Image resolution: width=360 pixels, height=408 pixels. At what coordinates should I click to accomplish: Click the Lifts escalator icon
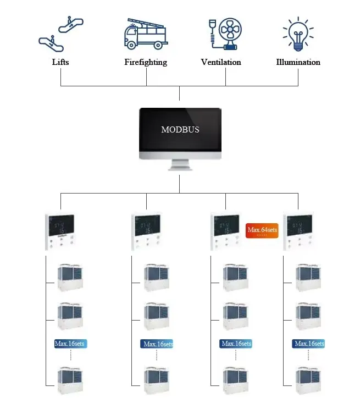[60, 34]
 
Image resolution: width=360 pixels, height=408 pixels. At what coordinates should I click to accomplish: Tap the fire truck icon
[145, 34]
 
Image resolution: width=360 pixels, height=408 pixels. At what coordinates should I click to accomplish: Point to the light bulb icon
[298, 31]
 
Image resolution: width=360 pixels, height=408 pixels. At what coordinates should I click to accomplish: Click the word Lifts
[60, 62]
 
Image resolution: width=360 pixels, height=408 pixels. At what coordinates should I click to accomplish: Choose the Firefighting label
[146, 62]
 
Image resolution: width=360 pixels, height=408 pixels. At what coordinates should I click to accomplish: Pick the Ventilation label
[221, 62]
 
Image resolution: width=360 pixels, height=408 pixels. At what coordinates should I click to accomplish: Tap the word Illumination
[298, 62]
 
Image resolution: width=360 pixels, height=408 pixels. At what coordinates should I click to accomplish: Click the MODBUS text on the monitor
[180, 130]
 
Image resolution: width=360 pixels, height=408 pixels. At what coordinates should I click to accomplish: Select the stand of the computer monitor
[180, 166]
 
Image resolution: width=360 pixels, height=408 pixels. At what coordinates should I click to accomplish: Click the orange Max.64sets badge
[262, 230]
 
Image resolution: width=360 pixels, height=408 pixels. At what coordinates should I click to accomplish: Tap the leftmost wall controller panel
[60, 231]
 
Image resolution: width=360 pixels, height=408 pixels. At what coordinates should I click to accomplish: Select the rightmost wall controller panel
[298, 231]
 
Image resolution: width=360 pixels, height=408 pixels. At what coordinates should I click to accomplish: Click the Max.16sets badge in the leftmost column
[70, 344]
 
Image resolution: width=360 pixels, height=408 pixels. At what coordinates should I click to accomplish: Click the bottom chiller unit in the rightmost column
[309, 381]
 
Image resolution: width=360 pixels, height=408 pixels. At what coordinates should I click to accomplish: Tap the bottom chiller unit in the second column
[157, 381]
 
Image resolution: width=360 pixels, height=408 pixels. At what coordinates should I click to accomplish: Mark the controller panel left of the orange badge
[225, 231]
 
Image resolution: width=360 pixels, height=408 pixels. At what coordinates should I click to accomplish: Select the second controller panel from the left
[146, 231]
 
